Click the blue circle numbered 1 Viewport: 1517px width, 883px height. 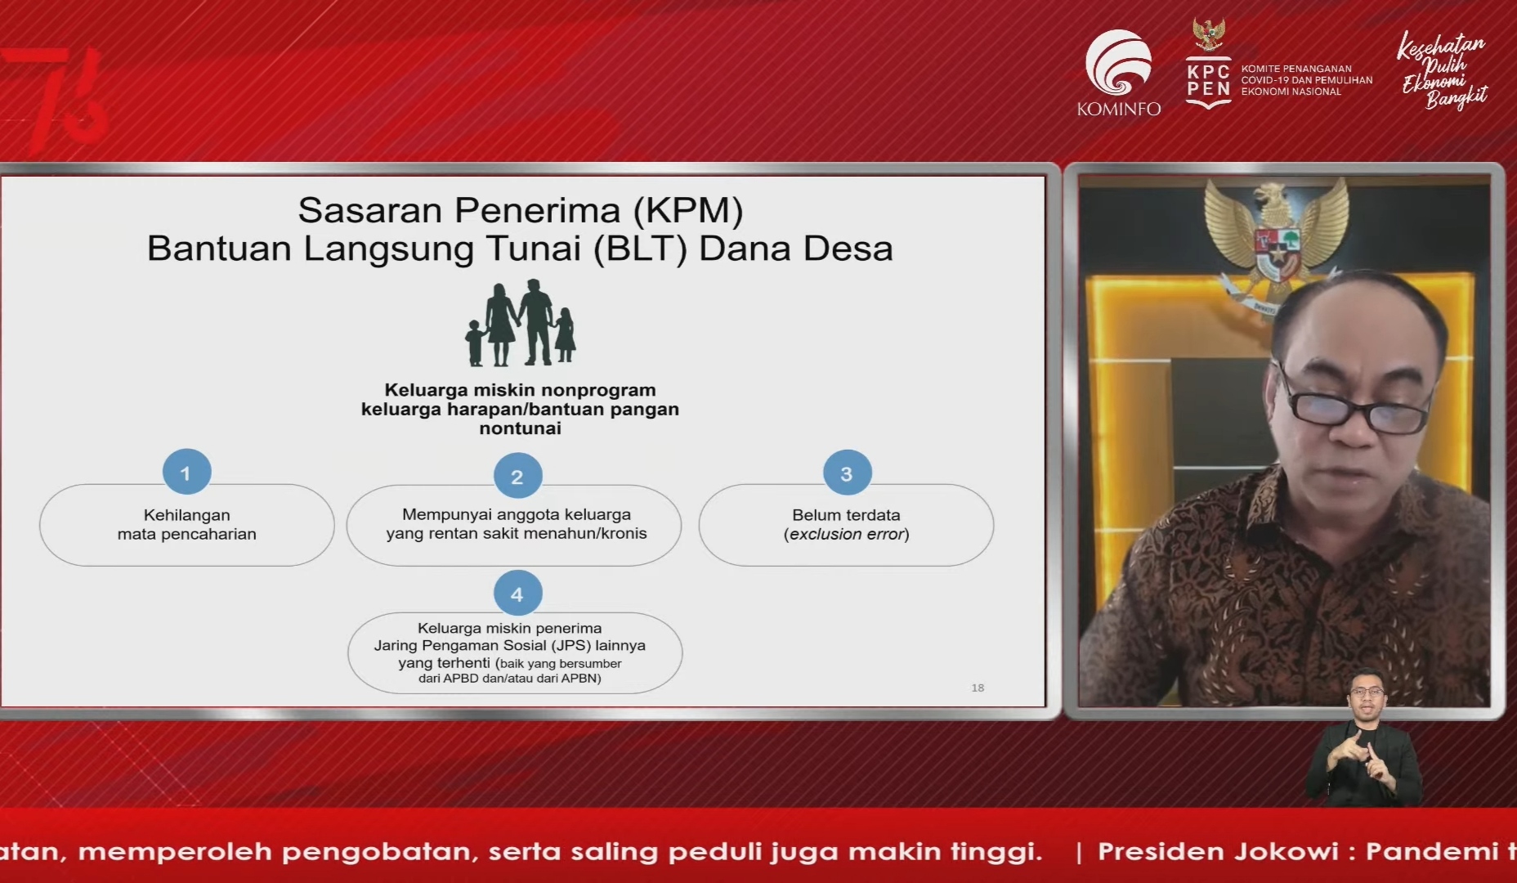[186, 473]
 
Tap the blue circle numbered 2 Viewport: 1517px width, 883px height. [517, 476]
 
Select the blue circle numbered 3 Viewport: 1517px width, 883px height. [847, 473]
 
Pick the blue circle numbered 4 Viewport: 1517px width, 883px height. [517, 594]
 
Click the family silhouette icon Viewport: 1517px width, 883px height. [521, 323]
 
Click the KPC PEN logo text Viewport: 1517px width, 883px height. [1209, 80]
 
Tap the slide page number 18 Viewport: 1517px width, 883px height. [978, 688]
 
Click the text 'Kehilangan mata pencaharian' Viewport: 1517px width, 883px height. [187, 524]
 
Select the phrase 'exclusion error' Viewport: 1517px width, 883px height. [846, 534]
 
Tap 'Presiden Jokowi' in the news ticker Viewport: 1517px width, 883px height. [1218, 851]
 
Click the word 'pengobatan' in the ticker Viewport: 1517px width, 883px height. [377, 852]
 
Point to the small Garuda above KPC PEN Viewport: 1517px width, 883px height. [1209, 35]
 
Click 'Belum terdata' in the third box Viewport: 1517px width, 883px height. [846, 515]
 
